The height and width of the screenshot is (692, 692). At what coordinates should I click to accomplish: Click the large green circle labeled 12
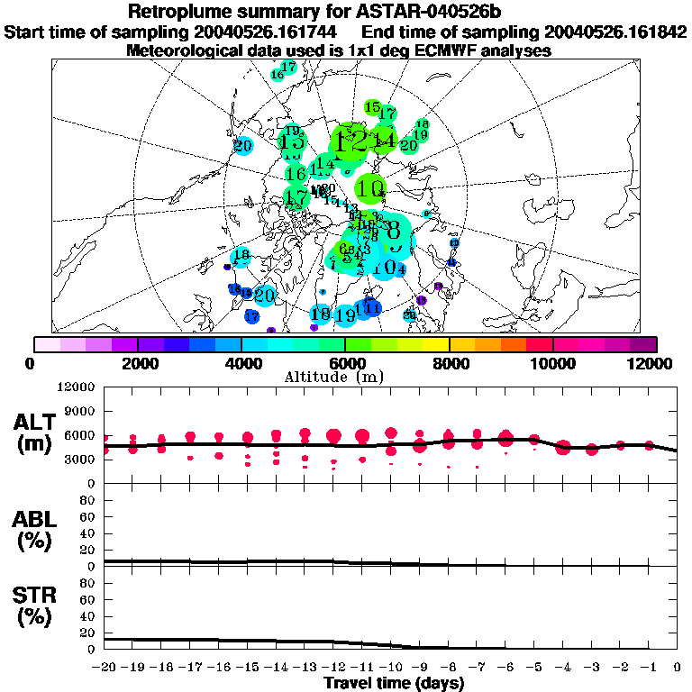(349, 141)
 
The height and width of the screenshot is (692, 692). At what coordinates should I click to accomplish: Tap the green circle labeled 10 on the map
(370, 189)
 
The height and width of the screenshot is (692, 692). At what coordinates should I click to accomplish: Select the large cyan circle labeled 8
(394, 231)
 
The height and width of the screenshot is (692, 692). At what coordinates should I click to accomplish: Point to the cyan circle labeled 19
(344, 315)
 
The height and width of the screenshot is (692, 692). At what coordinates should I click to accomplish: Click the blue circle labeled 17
(252, 316)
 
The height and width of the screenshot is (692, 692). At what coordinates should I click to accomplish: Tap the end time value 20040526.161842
(616, 32)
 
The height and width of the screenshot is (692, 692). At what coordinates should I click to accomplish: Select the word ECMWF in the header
(425, 51)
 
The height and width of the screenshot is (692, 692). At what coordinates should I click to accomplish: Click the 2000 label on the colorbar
(137, 363)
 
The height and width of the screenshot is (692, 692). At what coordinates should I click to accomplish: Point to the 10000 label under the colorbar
(553, 363)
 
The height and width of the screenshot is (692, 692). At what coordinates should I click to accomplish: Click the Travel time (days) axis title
(394, 684)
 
